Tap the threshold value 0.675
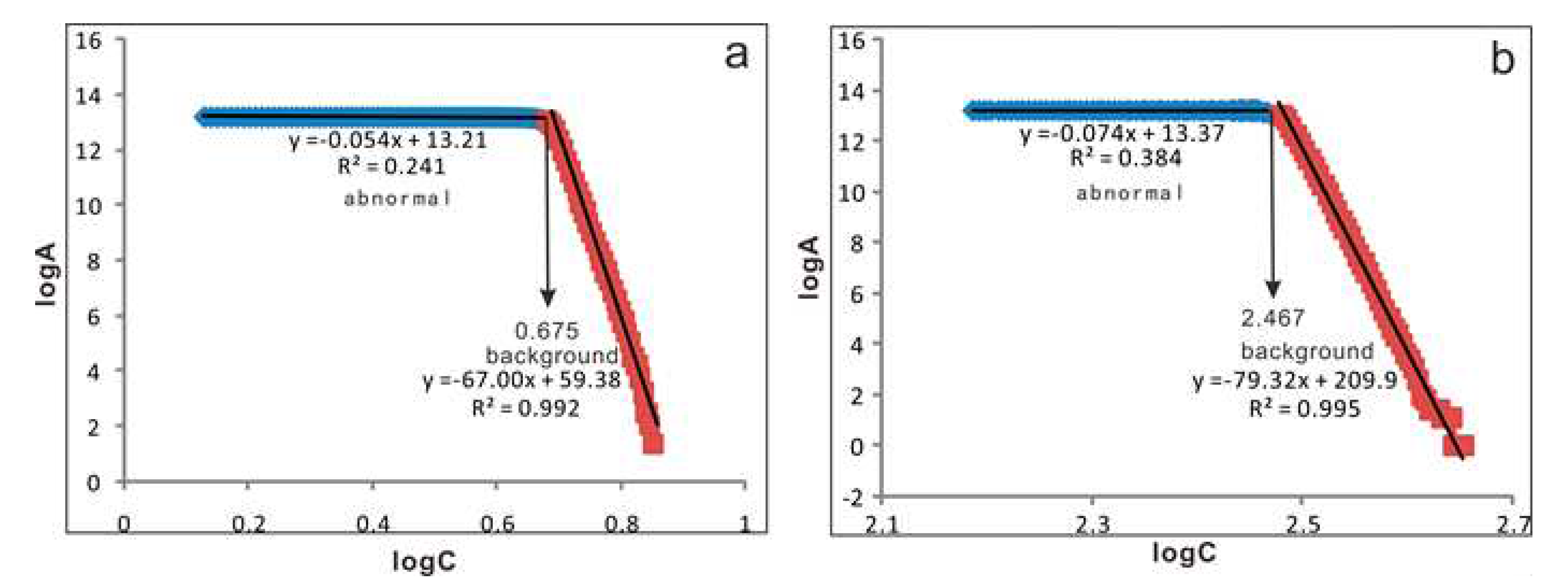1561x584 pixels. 546,331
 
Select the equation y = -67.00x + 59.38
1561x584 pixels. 521,380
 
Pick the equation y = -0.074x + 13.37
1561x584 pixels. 1122,133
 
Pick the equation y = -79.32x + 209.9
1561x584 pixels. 1295,381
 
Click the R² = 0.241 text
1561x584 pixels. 391,166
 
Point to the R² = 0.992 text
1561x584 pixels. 526,408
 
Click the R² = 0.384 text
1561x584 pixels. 1125,158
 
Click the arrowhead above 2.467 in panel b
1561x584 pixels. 1273,289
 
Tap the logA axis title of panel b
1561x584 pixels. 810,267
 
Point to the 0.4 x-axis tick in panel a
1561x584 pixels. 372,523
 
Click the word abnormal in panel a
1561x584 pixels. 397,198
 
